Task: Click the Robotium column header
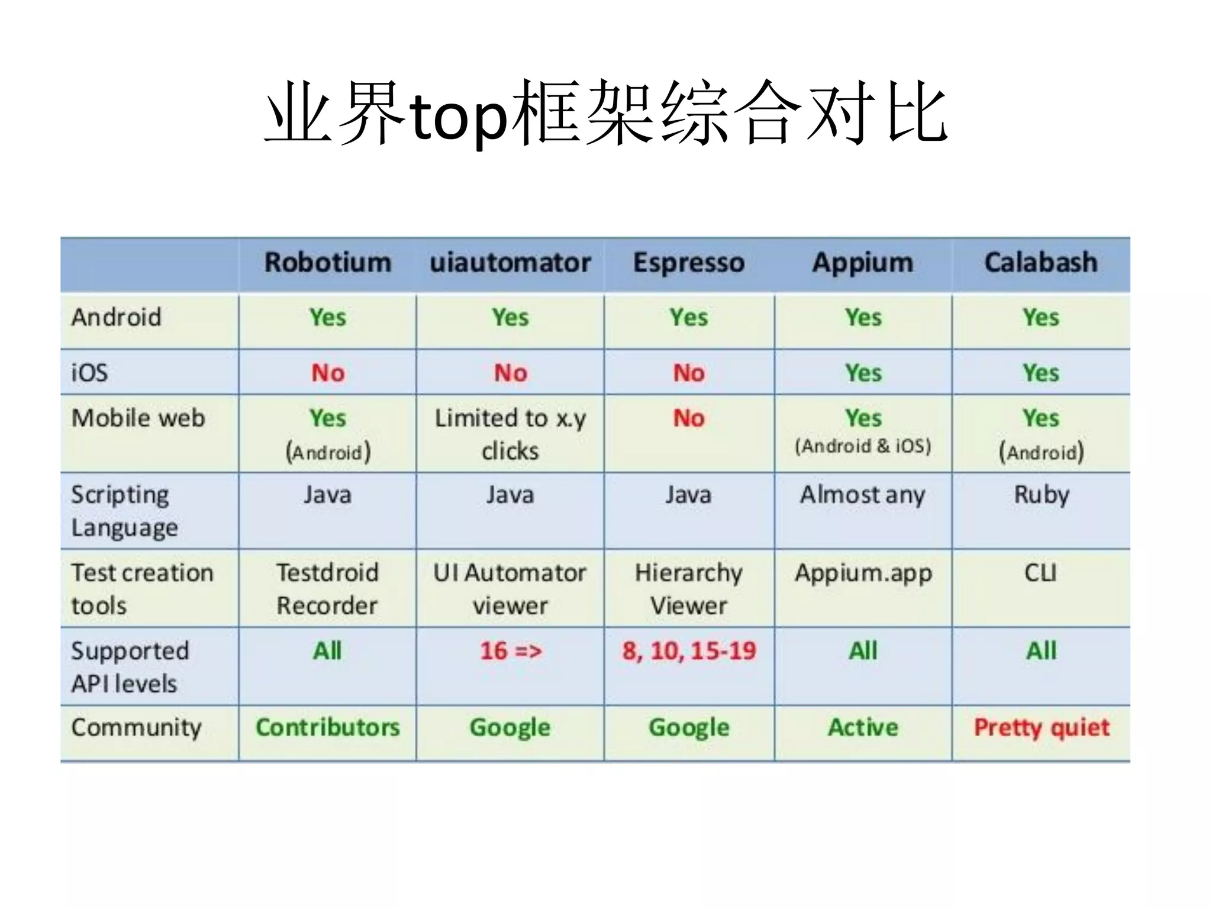point(327,263)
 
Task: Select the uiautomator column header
point(510,263)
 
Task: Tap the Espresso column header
point(688,263)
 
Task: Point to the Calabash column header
point(1040,263)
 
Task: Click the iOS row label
point(90,373)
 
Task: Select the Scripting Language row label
point(124,511)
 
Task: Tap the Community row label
point(136,727)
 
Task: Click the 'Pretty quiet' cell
point(1042,727)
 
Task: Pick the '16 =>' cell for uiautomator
point(510,651)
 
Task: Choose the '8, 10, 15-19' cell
point(689,651)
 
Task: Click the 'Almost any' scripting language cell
point(862,495)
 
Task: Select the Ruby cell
point(1042,495)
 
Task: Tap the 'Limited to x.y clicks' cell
point(510,434)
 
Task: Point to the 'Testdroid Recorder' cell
point(327,589)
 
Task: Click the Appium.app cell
point(863,573)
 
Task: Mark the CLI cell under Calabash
point(1040,573)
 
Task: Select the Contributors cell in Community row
point(327,727)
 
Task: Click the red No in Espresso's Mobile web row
point(689,418)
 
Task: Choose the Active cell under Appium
point(863,727)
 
